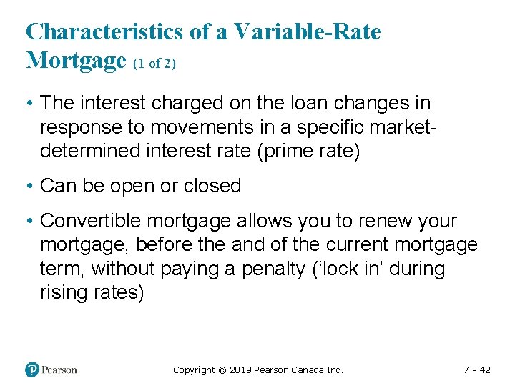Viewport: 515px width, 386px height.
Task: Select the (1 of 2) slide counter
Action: (x=154, y=64)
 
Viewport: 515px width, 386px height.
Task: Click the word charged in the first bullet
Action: (x=173, y=103)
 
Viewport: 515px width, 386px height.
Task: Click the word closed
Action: (x=212, y=186)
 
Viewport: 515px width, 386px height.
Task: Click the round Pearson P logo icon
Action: (x=32, y=370)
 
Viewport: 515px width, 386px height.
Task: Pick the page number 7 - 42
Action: (x=476, y=370)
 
